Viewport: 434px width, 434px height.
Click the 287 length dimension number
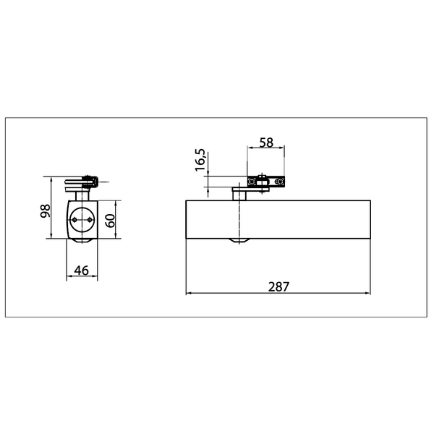[278, 286]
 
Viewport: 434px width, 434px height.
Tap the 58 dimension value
[266, 142]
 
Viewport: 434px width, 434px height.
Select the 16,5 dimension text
[200, 160]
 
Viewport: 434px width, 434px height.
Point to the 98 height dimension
[46, 211]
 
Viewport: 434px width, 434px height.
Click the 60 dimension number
[110, 221]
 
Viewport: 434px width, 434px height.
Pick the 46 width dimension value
[82, 271]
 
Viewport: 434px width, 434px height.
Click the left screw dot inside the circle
[75, 219]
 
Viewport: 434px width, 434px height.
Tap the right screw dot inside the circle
[90, 219]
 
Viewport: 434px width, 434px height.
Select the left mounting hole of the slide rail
[252, 182]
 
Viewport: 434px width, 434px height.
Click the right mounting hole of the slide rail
[280, 182]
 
